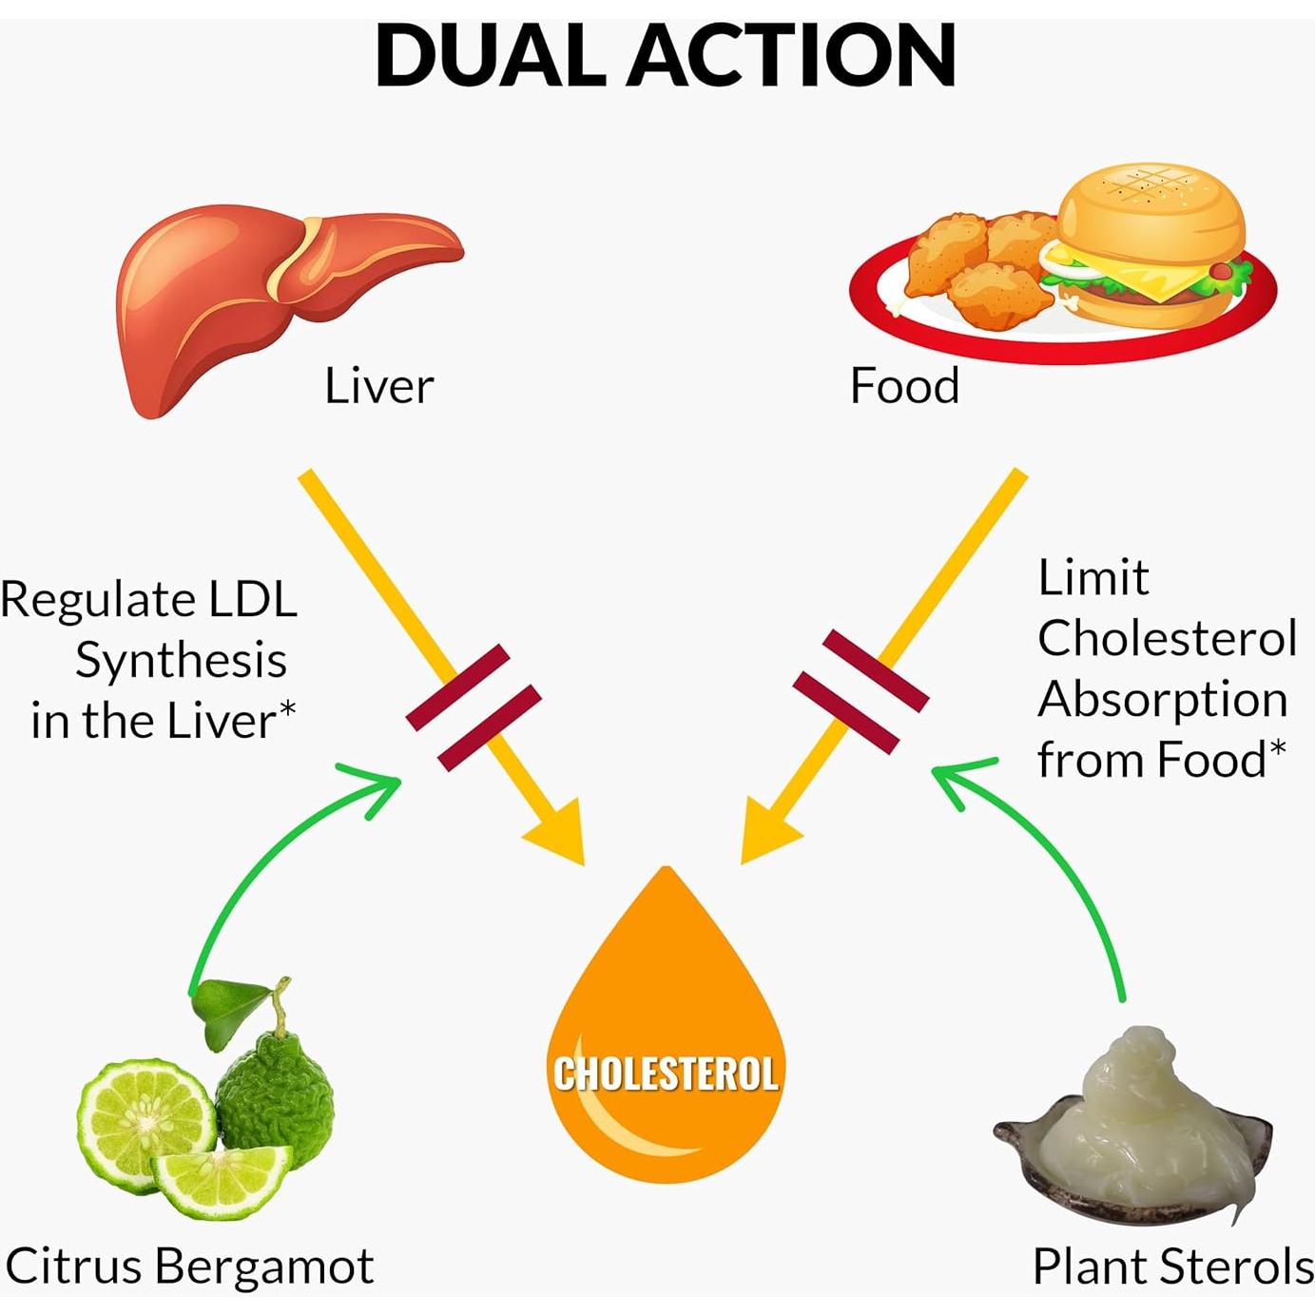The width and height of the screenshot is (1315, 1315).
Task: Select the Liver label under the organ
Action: point(378,386)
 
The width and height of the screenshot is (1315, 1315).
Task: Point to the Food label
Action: point(904,386)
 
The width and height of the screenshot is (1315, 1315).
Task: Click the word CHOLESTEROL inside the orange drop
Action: point(666,1074)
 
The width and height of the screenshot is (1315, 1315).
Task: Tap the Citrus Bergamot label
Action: point(189,1267)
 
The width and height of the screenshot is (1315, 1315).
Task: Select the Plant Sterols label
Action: point(1172,1267)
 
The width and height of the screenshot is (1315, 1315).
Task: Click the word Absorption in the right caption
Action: point(1162,699)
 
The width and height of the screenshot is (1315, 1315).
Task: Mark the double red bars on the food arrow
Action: point(861,691)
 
